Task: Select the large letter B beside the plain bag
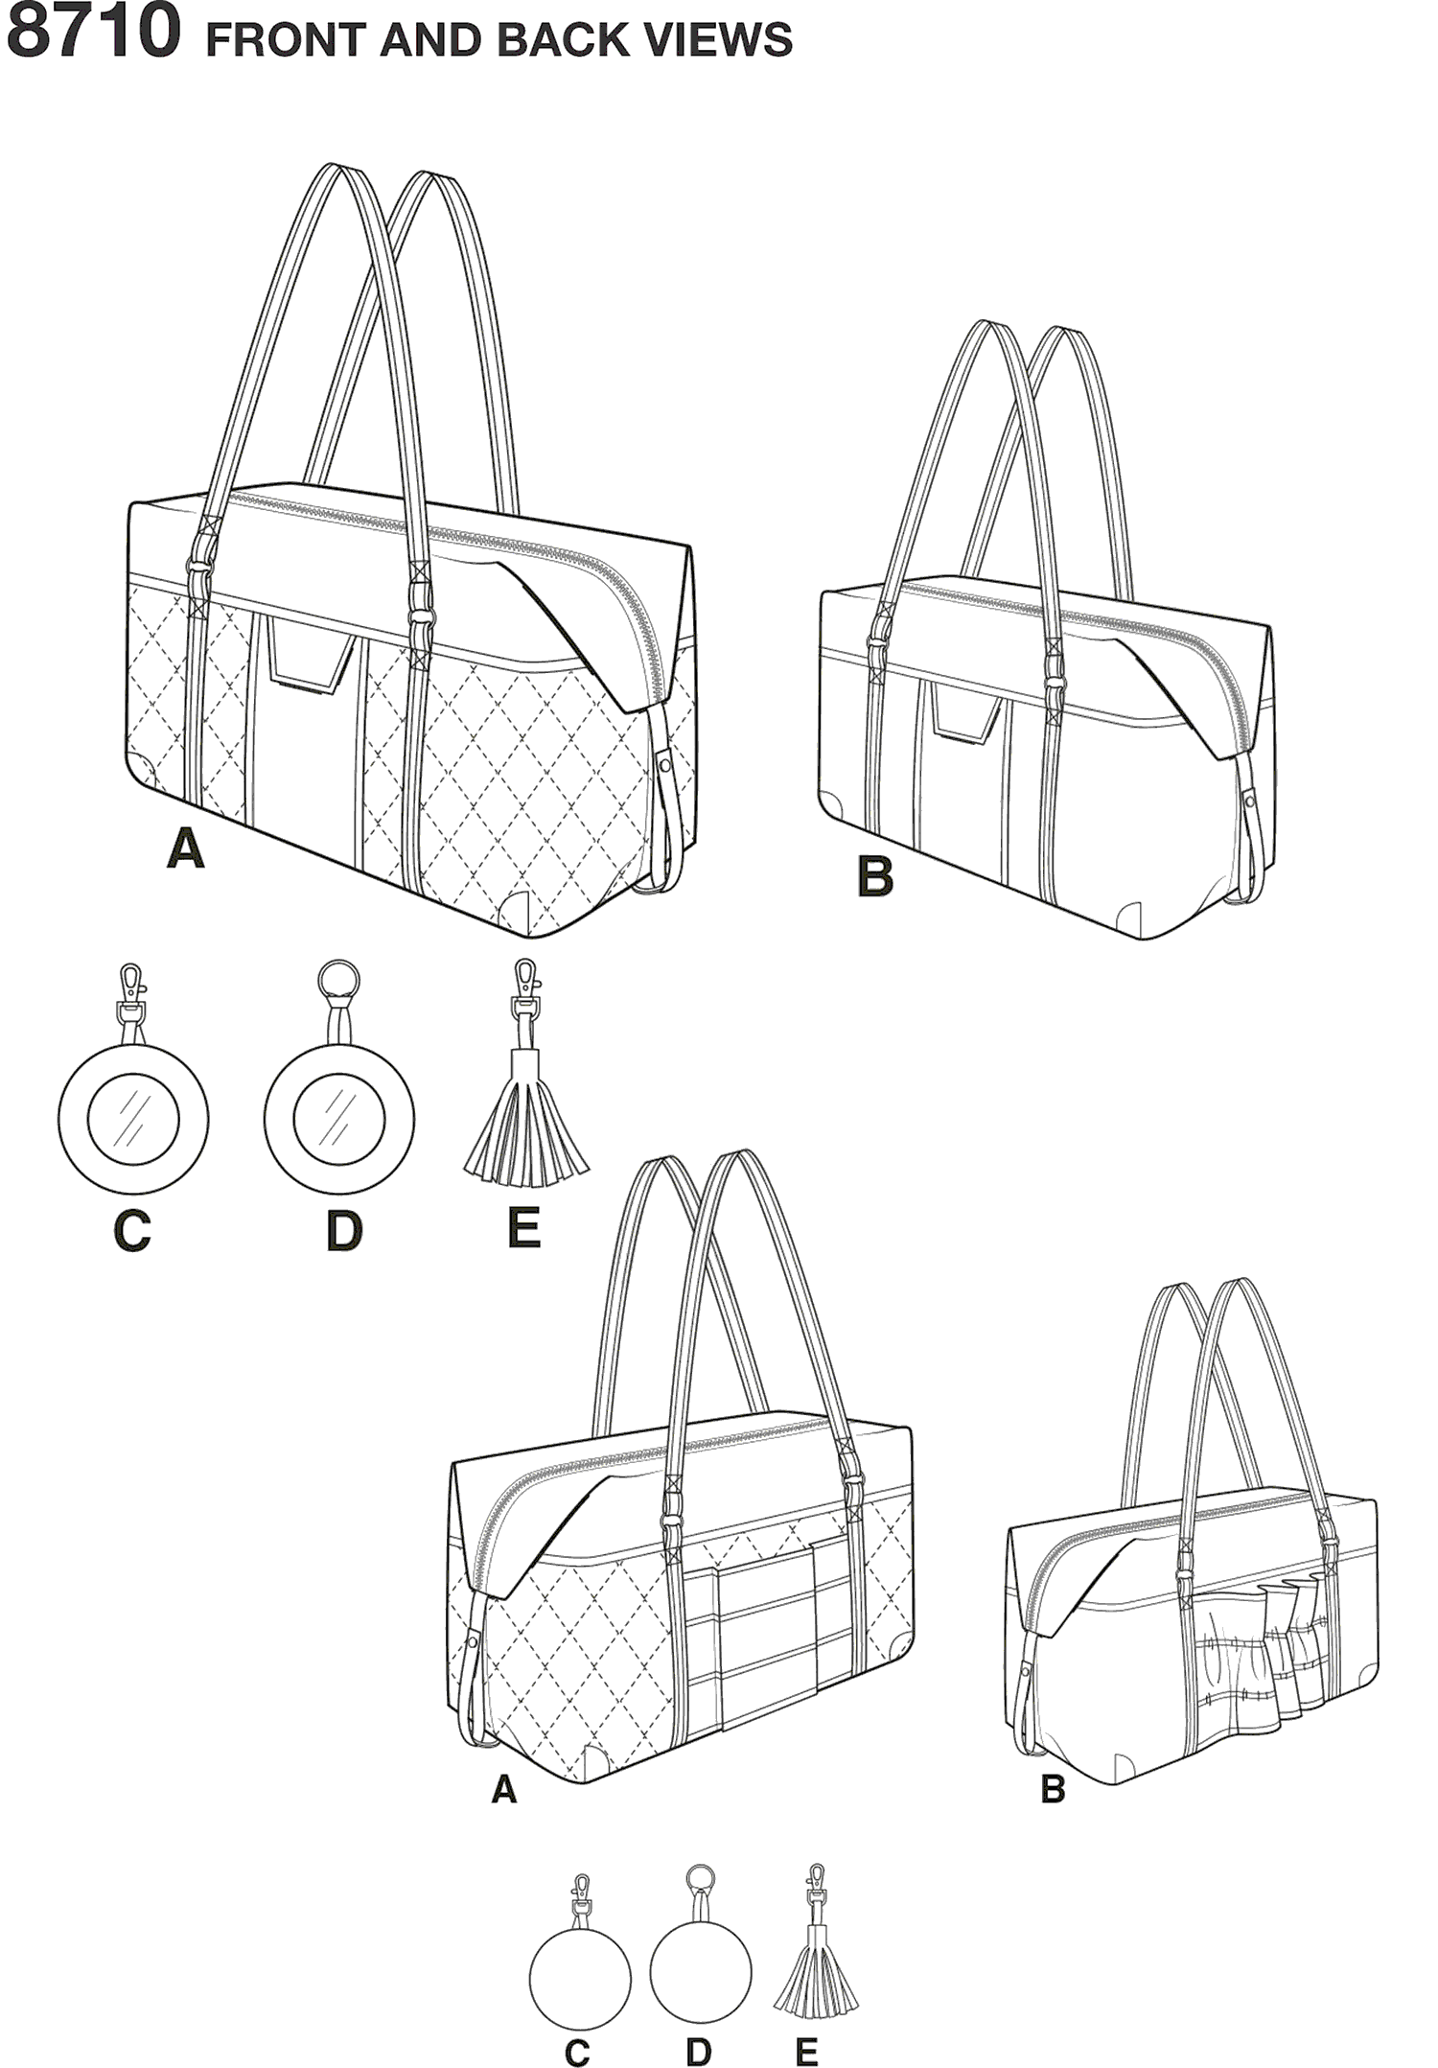coord(874,876)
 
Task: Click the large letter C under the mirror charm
coord(132,1231)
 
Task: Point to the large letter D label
coord(344,1231)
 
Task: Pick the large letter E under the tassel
coord(523,1228)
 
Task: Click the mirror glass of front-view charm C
coord(133,1120)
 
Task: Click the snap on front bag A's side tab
coord(664,765)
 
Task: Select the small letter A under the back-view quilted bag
coord(503,1789)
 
